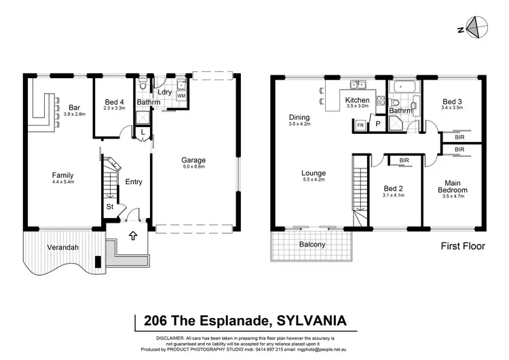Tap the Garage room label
tap(193, 161)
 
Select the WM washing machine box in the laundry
tap(181, 96)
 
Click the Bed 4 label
tap(113, 101)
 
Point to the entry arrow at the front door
tap(133, 237)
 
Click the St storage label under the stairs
tap(109, 206)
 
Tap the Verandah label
tap(62, 247)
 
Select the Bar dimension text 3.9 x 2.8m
tap(75, 115)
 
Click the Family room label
tap(62, 175)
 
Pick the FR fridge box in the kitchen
tap(360, 126)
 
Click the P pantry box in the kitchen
tap(377, 124)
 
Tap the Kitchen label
tap(358, 100)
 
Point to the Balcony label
tap(312, 245)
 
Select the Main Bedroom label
tap(453, 186)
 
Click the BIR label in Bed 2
tap(404, 161)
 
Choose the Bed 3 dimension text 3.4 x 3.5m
tap(453, 107)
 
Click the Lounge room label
tap(314, 173)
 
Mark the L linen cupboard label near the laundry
tap(143, 130)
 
